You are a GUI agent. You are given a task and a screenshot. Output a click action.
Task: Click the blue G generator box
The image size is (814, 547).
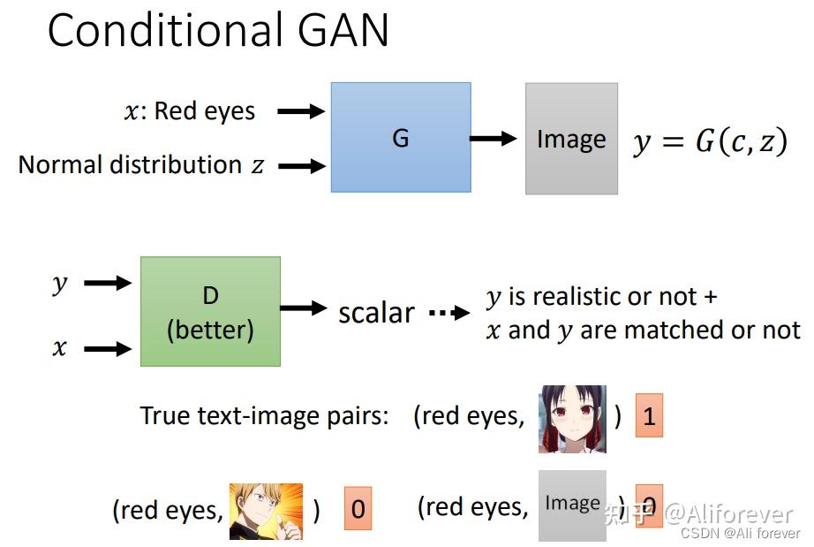click(400, 138)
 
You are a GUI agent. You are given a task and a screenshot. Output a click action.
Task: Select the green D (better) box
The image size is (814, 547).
click(210, 312)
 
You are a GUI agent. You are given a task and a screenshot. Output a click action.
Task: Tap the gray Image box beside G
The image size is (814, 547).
click(571, 139)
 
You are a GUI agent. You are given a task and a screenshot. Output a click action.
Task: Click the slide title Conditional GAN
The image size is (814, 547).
click(218, 31)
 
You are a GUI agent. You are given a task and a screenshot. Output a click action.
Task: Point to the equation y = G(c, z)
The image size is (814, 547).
click(709, 141)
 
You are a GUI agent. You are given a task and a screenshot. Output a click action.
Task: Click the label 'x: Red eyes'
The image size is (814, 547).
click(190, 111)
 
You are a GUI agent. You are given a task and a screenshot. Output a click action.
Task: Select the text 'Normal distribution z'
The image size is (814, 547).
click(141, 165)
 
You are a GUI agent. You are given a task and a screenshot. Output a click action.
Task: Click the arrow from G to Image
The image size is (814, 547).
click(493, 138)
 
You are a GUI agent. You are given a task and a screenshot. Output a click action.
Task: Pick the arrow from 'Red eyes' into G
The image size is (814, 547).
click(301, 111)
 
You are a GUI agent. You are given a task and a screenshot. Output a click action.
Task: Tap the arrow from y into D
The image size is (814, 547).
click(107, 283)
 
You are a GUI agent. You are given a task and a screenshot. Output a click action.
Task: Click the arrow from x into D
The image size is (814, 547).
click(107, 348)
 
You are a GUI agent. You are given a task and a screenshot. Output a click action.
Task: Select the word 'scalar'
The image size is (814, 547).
click(376, 312)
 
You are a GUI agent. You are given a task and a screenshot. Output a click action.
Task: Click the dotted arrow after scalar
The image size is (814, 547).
click(449, 313)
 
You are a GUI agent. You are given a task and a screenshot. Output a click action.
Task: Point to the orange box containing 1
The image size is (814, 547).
click(649, 415)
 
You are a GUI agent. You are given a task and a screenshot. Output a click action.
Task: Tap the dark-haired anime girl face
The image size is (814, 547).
click(572, 419)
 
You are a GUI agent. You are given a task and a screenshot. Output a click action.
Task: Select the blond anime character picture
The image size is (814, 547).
click(266, 511)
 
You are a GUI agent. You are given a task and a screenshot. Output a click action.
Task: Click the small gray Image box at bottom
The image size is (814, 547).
click(572, 505)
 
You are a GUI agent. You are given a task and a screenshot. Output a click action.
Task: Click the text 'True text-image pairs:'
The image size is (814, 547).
click(264, 415)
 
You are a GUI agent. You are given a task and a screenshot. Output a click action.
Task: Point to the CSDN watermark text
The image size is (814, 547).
click(741, 533)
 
